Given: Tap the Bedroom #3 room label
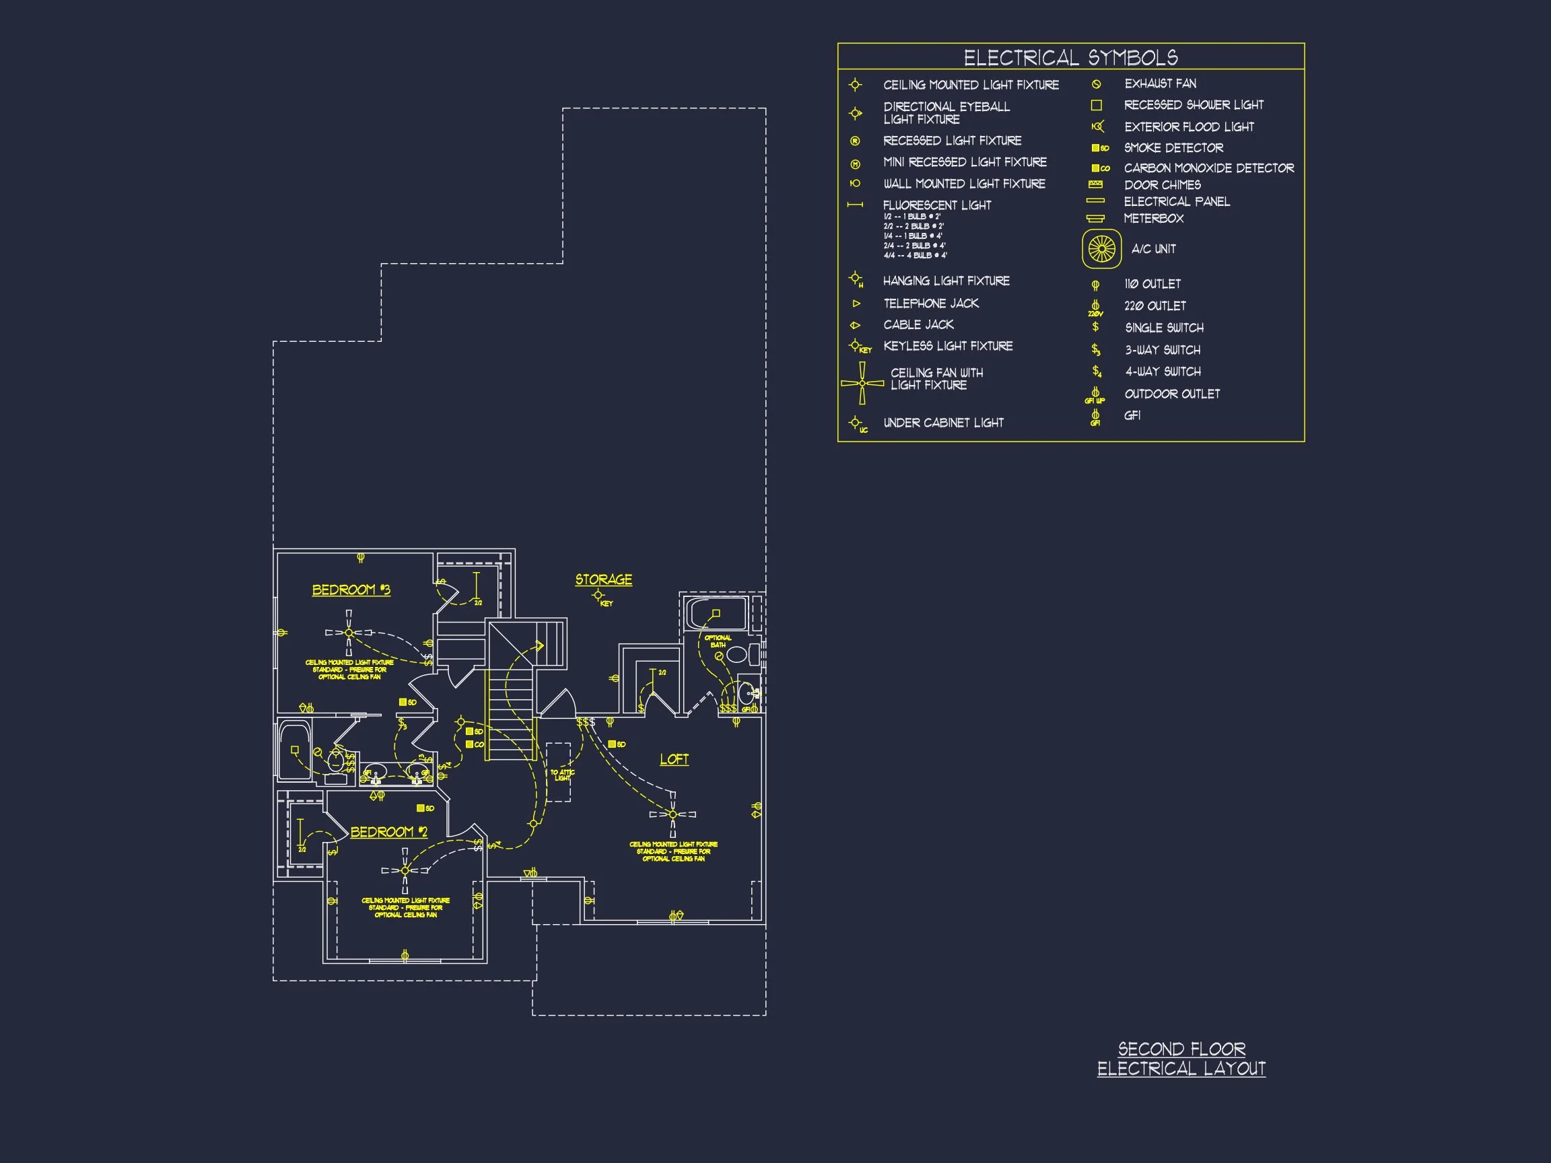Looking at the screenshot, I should tap(351, 590).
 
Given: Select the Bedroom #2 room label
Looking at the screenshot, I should tap(388, 831).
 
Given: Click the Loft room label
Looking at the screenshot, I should tap(674, 759).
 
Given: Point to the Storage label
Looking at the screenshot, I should tap(604, 579).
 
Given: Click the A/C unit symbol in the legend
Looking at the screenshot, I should tap(1101, 249).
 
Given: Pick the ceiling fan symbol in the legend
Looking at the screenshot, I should tap(862, 383).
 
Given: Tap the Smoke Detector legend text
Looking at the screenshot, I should tap(1173, 148).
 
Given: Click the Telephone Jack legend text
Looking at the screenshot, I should tap(930, 303).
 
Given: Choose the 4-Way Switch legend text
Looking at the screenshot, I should tap(1163, 372).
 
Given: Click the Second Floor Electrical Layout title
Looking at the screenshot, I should tap(1181, 1059).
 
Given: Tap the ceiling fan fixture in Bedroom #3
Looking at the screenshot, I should tap(349, 633).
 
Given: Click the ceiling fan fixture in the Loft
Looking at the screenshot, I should tap(673, 814).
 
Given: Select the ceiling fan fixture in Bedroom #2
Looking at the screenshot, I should tap(405, 870).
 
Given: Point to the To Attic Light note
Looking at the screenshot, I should tap(562, 775).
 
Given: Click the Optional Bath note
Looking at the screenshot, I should tap(718, 641).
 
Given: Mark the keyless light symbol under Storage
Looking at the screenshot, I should tap(598, 595).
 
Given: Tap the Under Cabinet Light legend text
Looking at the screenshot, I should tap(943, 423).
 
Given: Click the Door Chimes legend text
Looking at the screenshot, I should tap(1162, 185).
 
